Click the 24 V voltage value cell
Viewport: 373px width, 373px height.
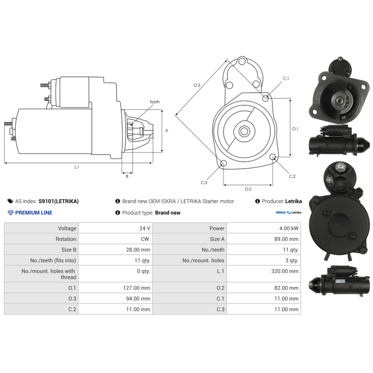145,228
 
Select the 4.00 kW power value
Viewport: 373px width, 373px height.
289,228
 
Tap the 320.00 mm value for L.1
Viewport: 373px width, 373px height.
285,271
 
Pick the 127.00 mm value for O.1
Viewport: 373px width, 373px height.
137,288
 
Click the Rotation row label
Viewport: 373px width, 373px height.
66,239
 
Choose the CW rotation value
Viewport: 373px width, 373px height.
145,239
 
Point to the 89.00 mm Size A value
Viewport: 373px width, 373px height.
286,239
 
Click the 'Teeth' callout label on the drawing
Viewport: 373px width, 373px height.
155,102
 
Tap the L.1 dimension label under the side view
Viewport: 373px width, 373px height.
76,167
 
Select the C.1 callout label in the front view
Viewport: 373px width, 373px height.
286,78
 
